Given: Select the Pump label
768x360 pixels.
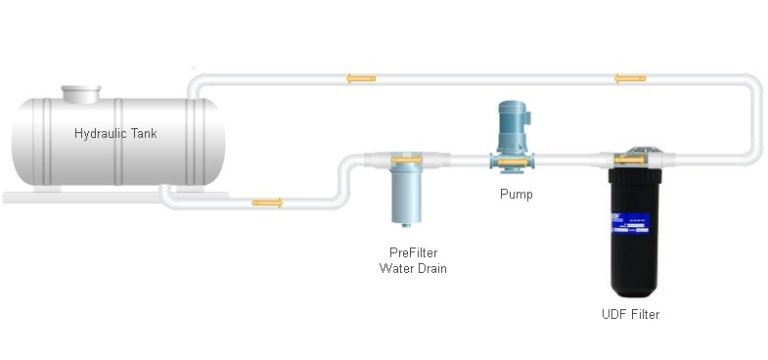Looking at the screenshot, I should click(x=516, y=194).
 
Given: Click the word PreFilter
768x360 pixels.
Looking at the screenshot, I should click(x=412, y=252).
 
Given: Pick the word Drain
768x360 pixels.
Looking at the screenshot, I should click(x=431, y=267).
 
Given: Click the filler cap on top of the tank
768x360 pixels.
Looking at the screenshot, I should click(x=81, y=94).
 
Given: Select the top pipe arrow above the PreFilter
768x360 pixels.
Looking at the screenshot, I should click(x=361, y=78).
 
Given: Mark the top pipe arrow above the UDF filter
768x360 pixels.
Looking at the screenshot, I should click(x=629, y=78).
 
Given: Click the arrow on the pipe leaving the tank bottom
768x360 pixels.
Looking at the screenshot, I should click(x=267, y=203).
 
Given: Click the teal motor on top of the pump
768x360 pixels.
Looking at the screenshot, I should click(x=517, y=125).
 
